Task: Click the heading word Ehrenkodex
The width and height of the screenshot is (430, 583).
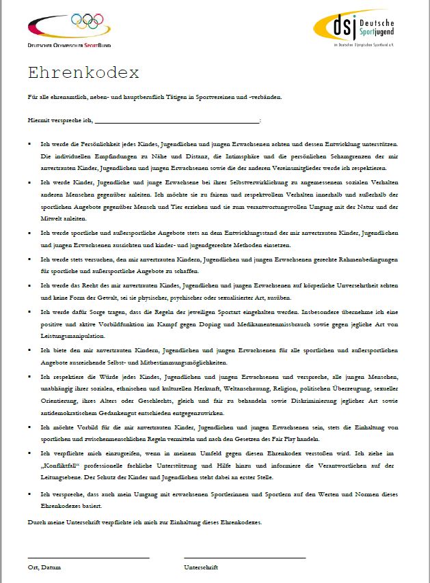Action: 83,73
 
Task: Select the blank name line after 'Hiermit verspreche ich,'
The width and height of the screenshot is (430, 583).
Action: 177,120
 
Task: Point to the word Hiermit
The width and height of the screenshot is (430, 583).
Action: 39,120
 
